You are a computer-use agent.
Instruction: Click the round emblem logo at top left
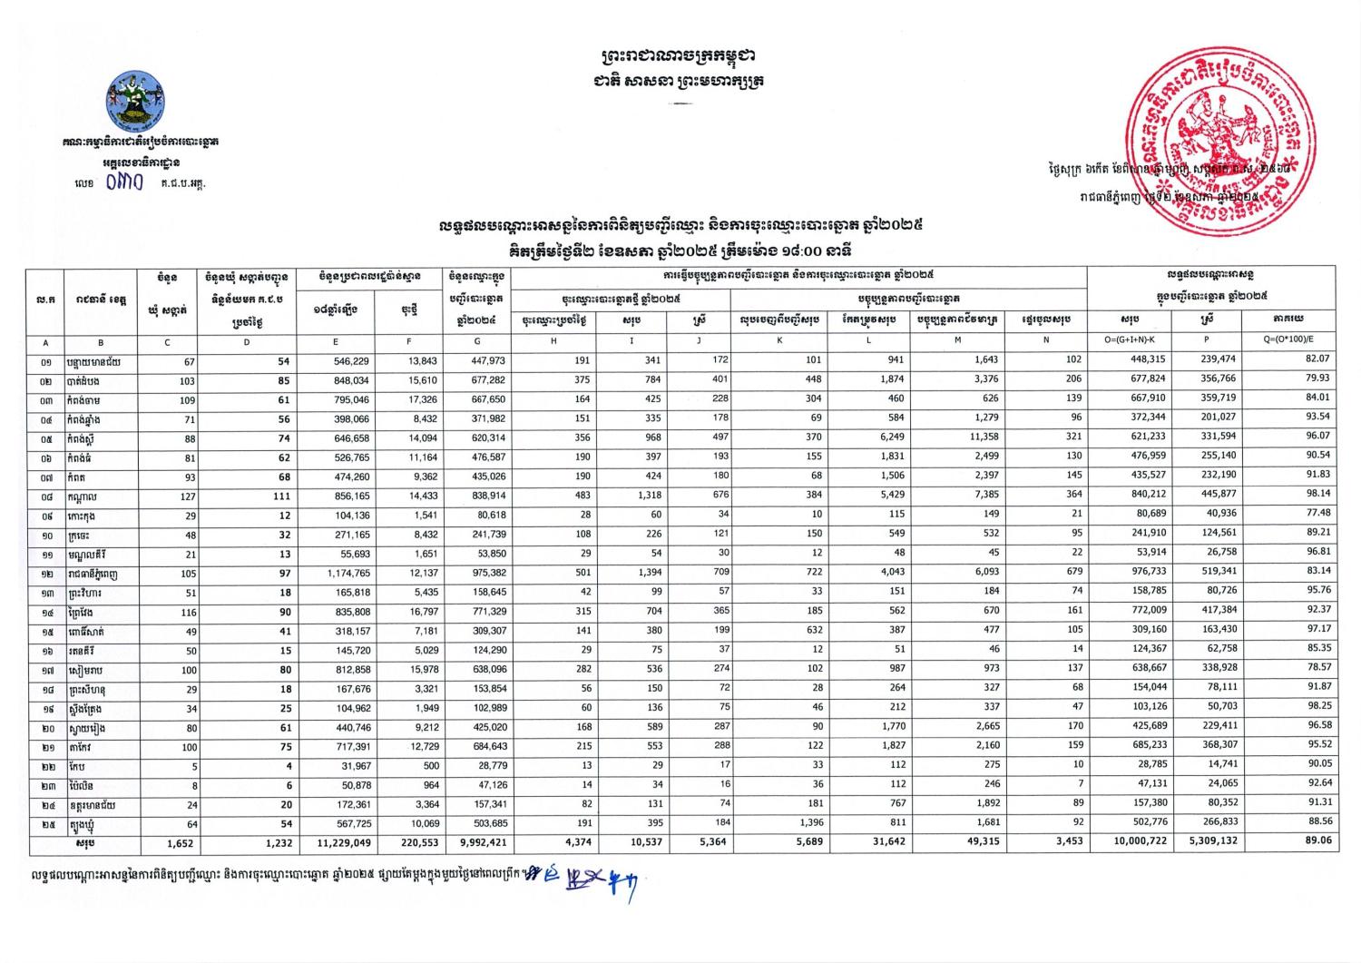tap(135, 104)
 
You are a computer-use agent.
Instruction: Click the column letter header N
tap(1046, 341)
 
